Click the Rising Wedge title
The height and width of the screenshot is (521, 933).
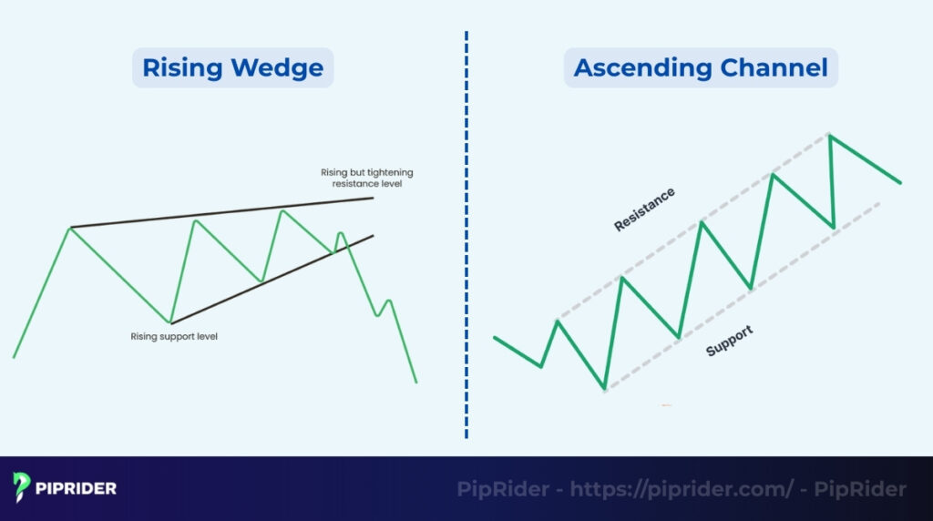tap(232, 68)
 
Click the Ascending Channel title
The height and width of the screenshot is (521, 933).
tap(701, 68)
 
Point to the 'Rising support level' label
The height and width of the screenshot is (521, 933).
tap(174, 336)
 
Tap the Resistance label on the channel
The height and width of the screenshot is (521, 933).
tap(644, 209)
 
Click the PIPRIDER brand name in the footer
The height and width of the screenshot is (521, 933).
tap(77, 488)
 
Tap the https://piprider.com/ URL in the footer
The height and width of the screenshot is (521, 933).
tap(682, 489)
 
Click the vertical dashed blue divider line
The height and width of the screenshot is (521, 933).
tap(466, 273)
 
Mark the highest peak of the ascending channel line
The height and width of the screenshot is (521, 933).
tap(830, 135)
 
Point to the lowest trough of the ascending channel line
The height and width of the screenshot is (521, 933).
tap(604, 390)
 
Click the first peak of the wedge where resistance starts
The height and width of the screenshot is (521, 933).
tap(70, 227)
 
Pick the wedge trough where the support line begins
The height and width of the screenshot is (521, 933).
tap(170, 322)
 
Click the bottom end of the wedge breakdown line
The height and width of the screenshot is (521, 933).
tap(415, 382)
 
